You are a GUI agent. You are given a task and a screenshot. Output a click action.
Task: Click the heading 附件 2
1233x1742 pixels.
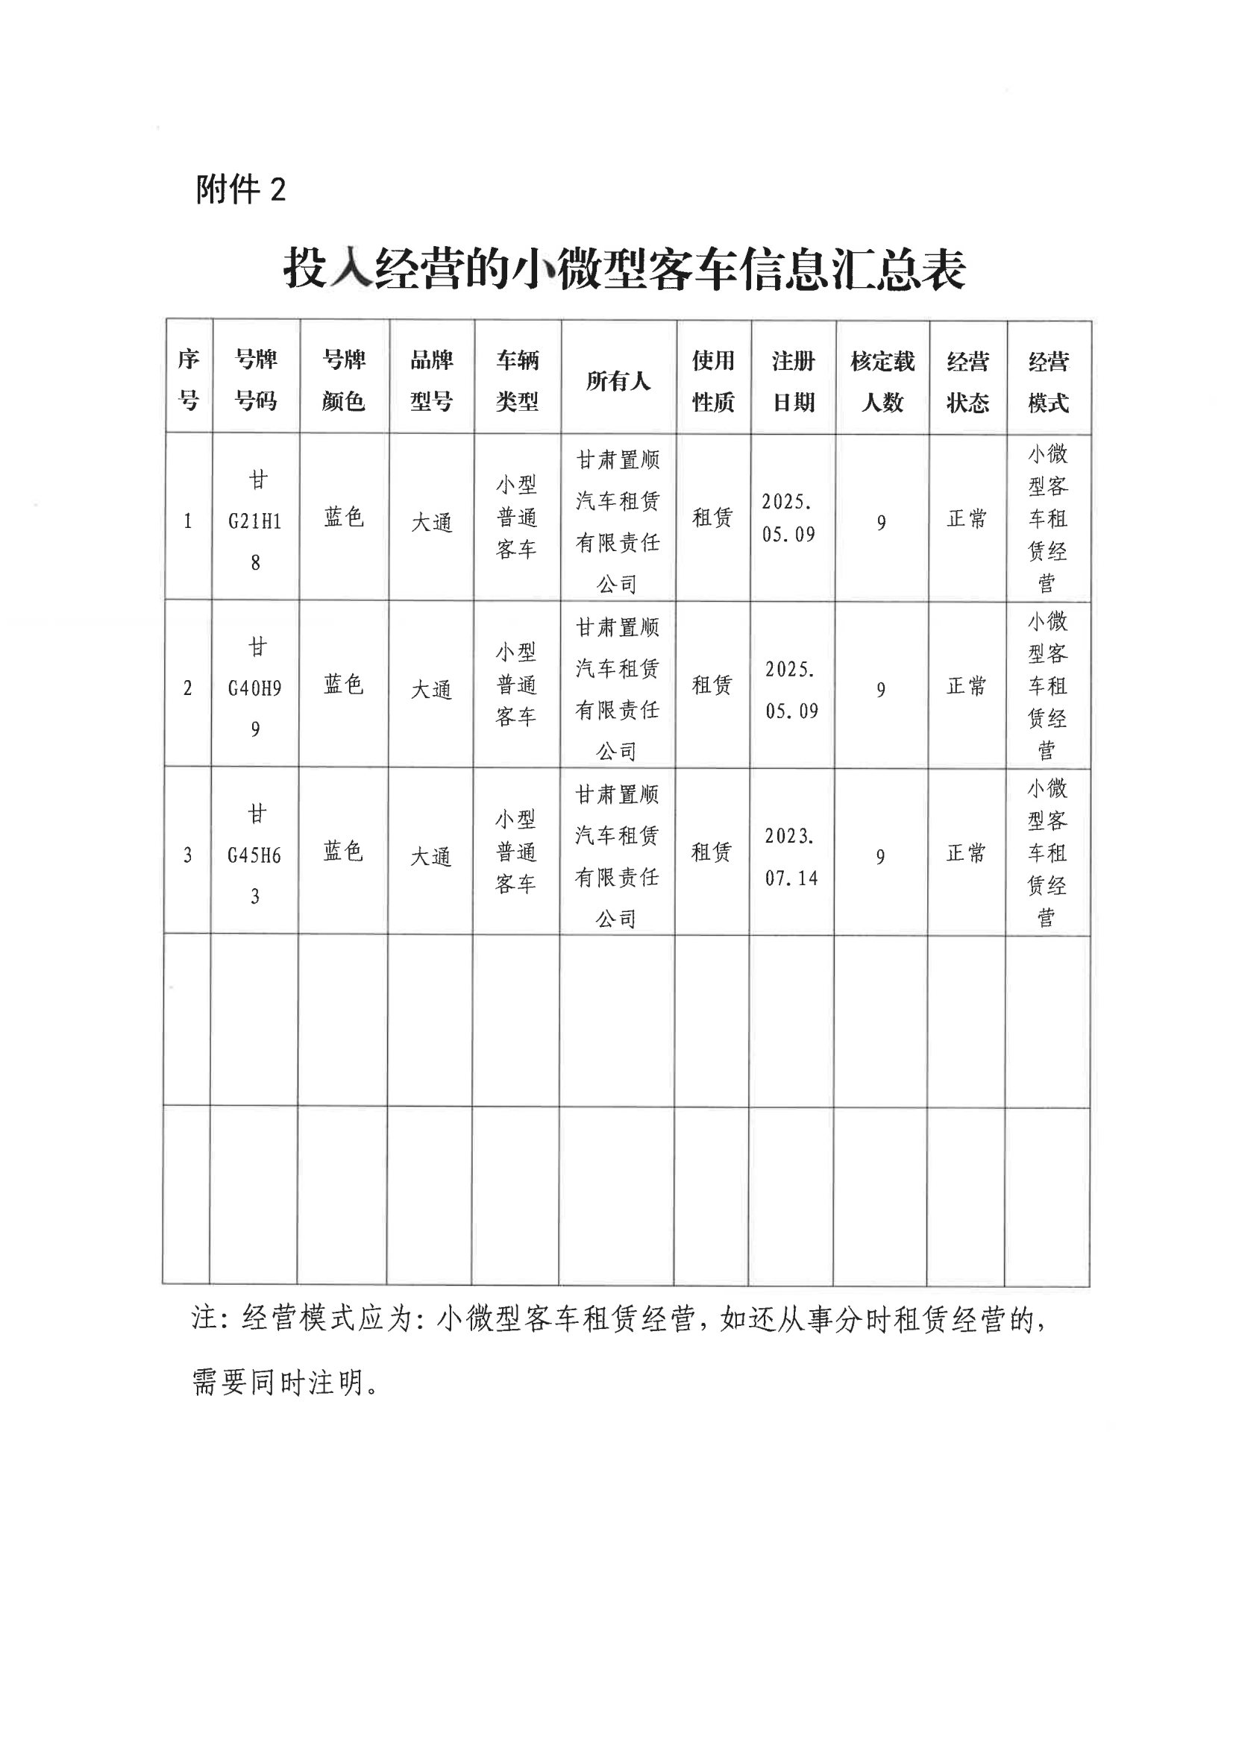click(x=241, y=189)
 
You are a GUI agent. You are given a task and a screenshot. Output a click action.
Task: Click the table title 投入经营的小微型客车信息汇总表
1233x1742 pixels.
click(x=624, y=268)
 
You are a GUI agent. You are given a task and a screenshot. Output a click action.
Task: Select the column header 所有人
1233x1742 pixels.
click(x=618, y=380)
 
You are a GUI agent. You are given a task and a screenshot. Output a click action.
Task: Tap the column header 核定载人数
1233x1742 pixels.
click(x=882, y=381)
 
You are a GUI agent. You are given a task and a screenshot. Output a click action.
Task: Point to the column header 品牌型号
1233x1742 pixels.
click(x=431, y=380)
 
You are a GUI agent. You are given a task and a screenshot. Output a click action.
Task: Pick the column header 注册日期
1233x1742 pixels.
click(x=793, y=381)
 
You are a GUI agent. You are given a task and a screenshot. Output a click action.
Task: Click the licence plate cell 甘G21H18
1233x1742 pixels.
click(x=255, y=521)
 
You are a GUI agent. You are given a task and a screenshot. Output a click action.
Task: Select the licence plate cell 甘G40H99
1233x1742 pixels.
click(x=255, y=688)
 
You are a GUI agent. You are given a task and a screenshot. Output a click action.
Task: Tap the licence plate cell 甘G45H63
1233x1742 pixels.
click(x=254, y=855)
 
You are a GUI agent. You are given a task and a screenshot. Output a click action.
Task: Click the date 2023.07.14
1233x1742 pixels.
click(x=791, y=857)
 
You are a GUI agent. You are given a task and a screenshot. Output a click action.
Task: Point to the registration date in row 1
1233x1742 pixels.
click(x=789, y=518)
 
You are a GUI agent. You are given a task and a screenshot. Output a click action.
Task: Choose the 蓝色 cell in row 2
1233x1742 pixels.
click(x=343, y=685)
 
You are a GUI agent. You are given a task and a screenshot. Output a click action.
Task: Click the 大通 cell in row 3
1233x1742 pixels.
click(x=430, y=857)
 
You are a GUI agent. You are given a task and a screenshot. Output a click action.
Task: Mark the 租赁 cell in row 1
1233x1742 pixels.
click(x=712, y=518)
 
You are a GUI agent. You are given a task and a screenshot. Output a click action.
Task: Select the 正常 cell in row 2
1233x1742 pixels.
click(x=966, y=686)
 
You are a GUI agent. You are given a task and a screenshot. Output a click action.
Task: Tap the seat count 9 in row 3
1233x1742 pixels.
click(x=880, y=857)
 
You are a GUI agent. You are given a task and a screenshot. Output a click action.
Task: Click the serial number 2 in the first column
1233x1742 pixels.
click(x=187, y=688)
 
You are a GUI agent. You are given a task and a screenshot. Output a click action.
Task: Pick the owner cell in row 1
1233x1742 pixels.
click(x=618, y=521)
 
